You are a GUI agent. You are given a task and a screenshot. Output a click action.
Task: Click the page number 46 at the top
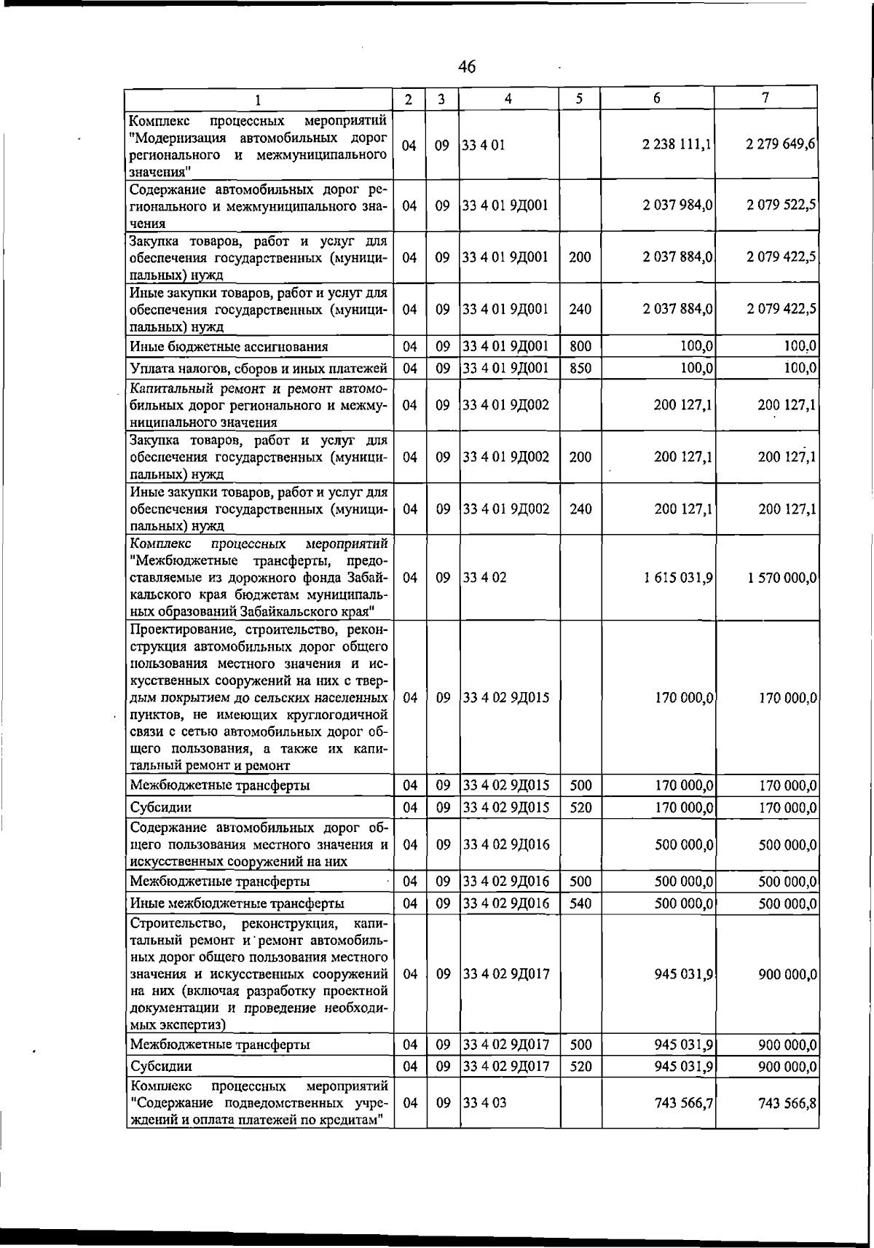coord(467,67)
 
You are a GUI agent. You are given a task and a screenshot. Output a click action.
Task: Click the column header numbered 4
coord(508,98)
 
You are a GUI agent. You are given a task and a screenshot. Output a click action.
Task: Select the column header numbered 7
coord(766,98)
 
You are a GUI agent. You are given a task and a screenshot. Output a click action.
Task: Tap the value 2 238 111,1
coord(677,145)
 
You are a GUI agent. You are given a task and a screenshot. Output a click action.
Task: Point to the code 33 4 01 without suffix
coord(479,146)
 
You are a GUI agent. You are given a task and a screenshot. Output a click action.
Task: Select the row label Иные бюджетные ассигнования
coord(229,347)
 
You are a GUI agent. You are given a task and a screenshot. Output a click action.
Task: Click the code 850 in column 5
coord(580,369)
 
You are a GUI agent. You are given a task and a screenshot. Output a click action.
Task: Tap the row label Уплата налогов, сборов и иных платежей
coord(258,369)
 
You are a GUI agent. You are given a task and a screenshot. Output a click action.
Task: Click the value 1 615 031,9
coord(677,578)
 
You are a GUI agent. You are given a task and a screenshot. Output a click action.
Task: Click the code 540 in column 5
coord(580,904)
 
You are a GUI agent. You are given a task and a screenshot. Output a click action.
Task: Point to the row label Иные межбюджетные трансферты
coord(237,904)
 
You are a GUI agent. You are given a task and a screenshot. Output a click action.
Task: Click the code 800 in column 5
coord(580,347)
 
